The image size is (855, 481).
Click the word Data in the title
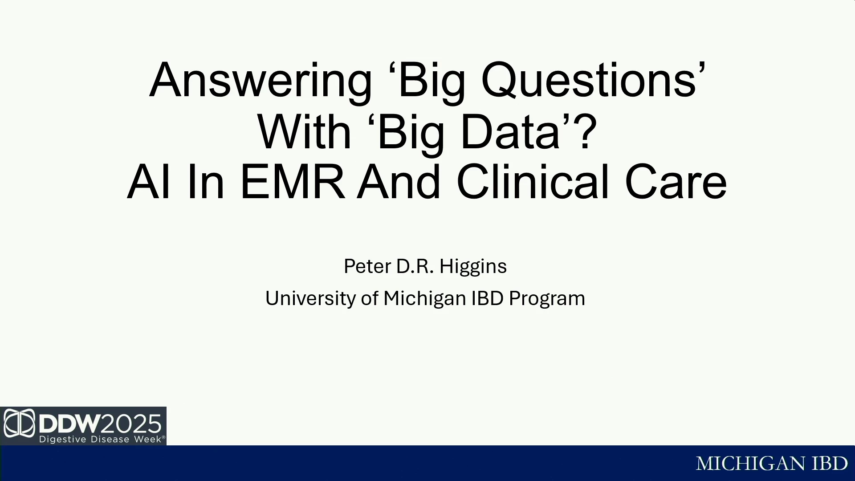pyautogui.click(x=510, y=132)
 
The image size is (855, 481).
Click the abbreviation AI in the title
pyautogui.click(x=148, y=182)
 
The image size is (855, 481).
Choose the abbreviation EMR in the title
pyautogui.click(x=292, y=182)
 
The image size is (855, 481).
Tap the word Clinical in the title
pyautogui.click(x=533, y=181)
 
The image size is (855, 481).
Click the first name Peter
pyautogui.click(x=367, y=266)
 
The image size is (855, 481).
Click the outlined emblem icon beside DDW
pyautogui.click(x=19, y=423)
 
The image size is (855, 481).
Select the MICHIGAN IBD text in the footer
pyautogui.click(x=772, y=464)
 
